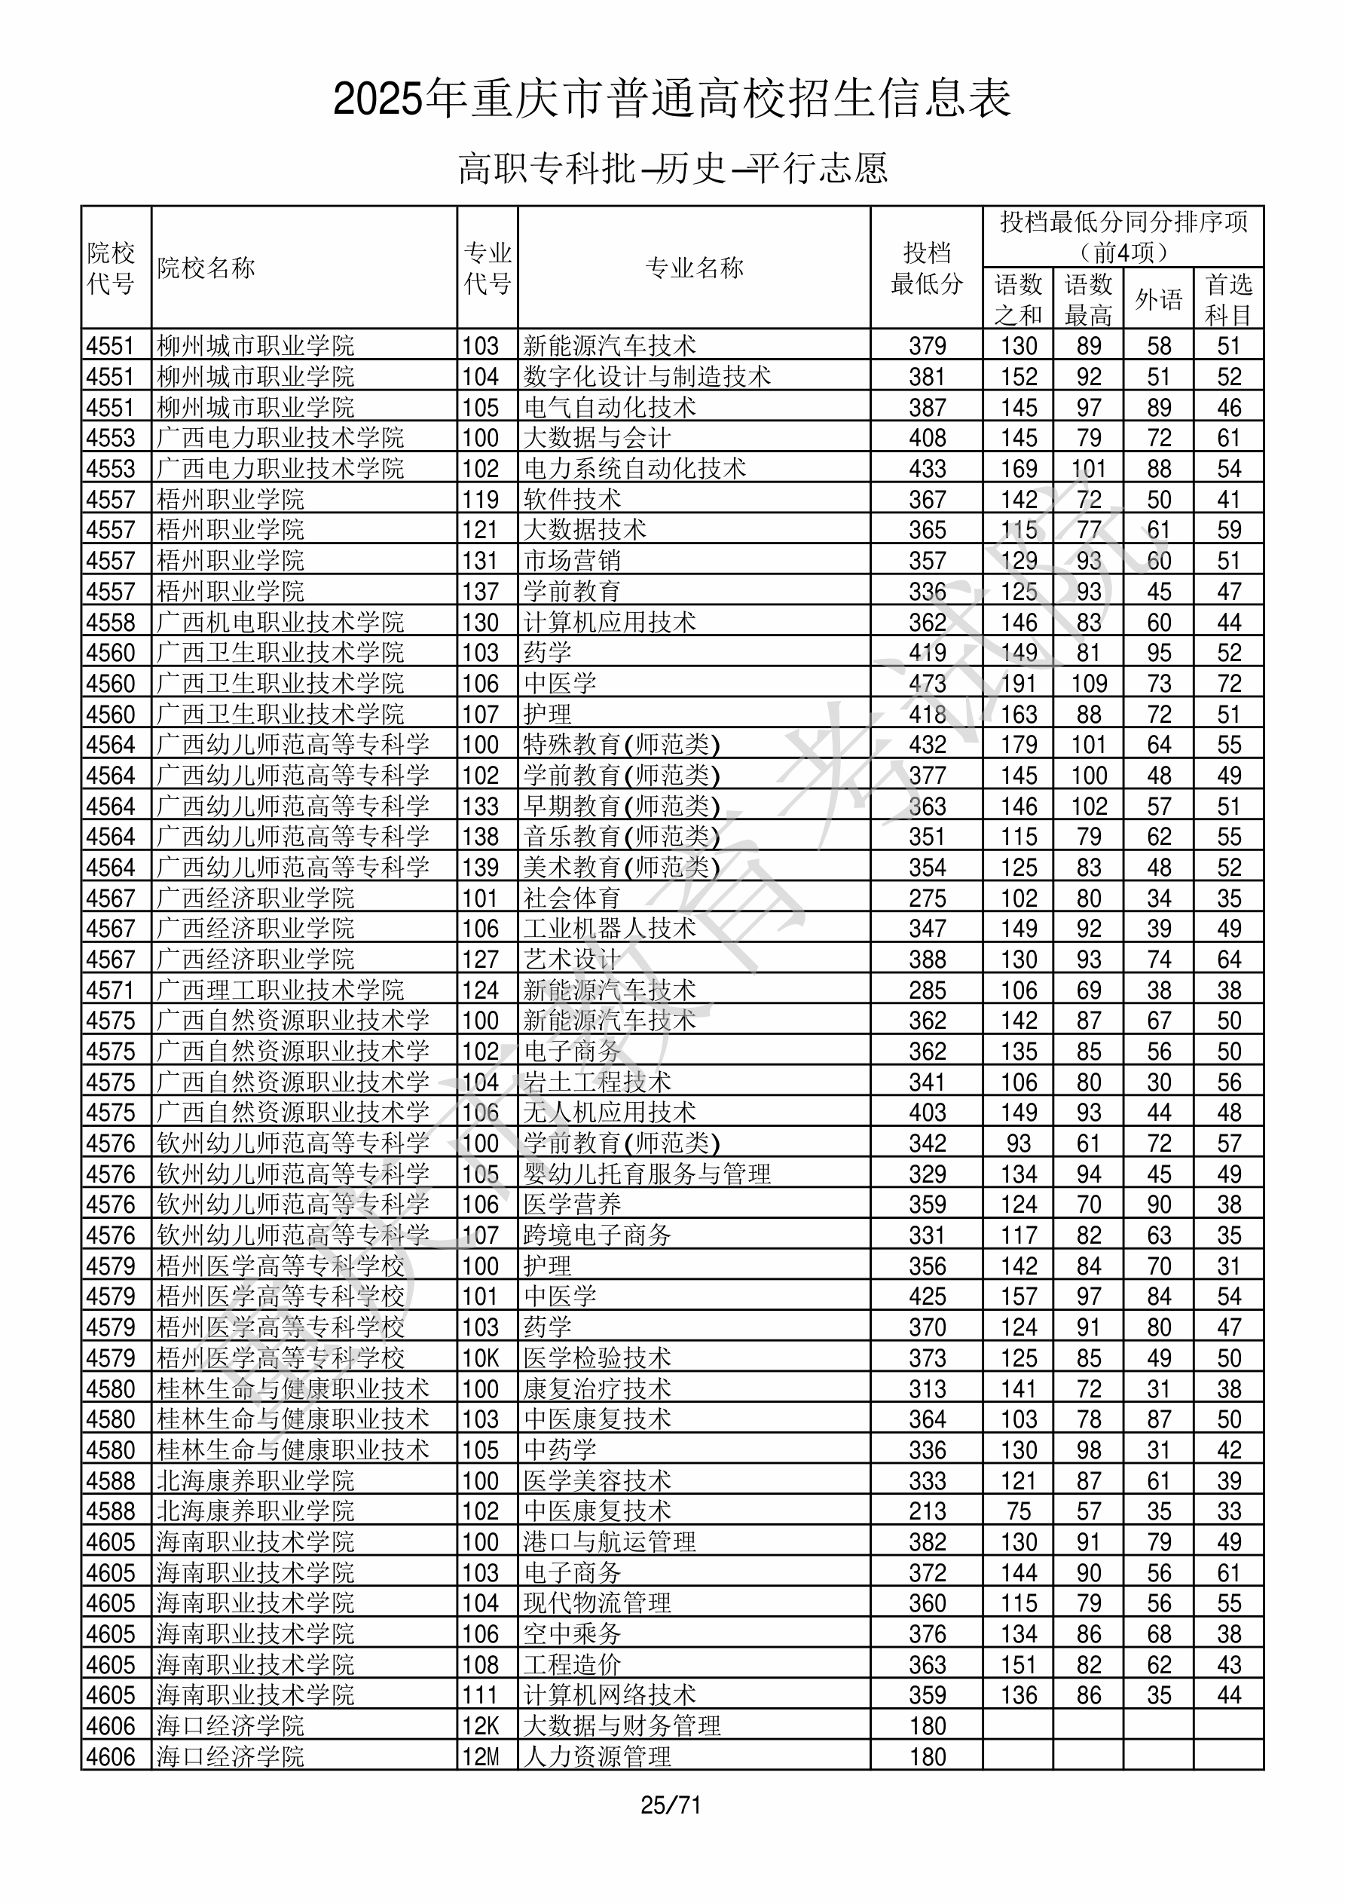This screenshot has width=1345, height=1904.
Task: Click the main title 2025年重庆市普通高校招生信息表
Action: pyautogui.click(x=671, y=99)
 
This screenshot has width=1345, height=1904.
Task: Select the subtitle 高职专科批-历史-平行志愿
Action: pyautogui.click(x=672, y=168)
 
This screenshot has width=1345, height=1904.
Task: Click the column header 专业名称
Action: pyautogui.click(x=694, y=268)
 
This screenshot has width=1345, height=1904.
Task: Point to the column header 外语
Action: pyautogui.click(x=1158, y=299)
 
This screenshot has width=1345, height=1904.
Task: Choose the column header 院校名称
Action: pyautogui.click(x=206, y=268)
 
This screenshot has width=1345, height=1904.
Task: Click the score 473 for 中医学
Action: pyautogui.click(x=926, y=684)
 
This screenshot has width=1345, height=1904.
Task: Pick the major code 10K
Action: pyautogui.click(x=481, y=1358)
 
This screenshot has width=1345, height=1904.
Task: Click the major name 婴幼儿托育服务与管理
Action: pyautogui.click(x=647, y=1174)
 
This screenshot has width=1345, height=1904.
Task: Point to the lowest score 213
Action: pyautogui.click(x=926, y=1511)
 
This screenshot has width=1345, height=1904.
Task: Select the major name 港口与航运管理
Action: pyautogui.click(x=610, y=1541)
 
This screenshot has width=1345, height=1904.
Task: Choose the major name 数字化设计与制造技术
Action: pyautogui.click(x=647, y=376)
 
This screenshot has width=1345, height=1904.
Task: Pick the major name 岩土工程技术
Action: pyautogui.click(x=597, y=1082)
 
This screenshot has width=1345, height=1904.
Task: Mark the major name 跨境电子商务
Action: pyautogui.click(x=597, y=1235)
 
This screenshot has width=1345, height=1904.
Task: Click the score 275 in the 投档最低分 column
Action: pyautogui.click(x=926, y=898)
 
